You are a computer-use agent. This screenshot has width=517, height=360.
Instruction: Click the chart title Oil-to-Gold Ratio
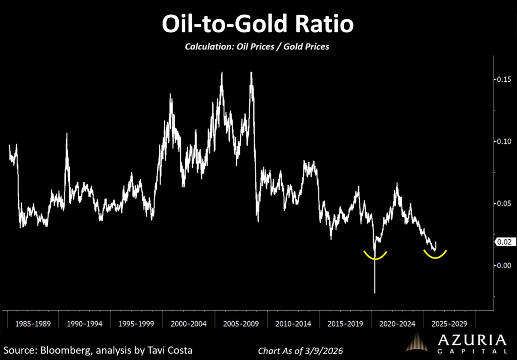258,24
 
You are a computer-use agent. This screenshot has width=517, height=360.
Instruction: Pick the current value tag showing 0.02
504,242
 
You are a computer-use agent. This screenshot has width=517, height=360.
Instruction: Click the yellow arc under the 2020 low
375,257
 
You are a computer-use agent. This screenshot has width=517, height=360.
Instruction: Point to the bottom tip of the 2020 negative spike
375,292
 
